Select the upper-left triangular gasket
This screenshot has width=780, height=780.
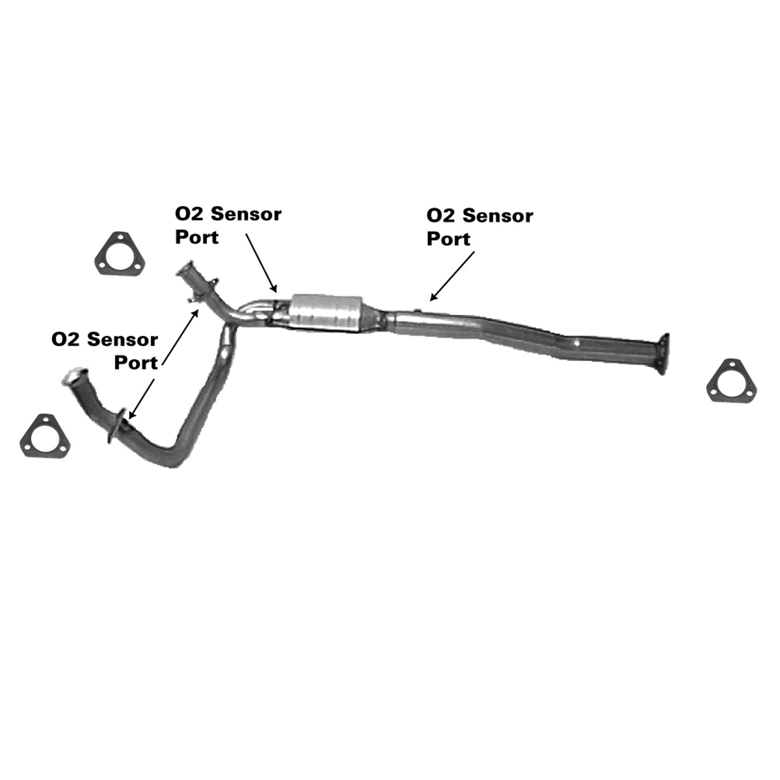120,254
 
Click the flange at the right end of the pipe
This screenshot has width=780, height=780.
662,354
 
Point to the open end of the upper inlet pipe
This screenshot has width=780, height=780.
185,271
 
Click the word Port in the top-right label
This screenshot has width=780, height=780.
448,239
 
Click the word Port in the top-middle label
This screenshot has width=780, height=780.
197,237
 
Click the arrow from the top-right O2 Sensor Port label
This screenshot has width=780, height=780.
452,276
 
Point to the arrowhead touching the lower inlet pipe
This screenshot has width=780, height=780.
132,414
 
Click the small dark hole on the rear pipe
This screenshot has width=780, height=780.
578,343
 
